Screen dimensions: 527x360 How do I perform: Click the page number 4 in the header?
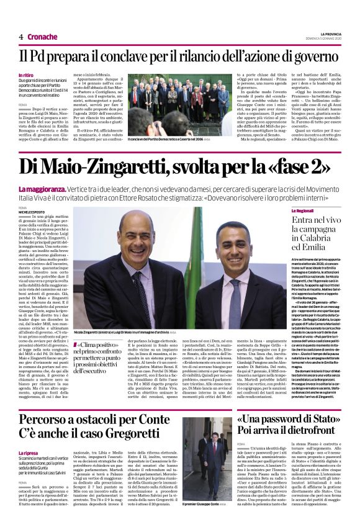click(21, 37)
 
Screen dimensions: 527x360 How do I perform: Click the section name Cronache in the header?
click(42, 37)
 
